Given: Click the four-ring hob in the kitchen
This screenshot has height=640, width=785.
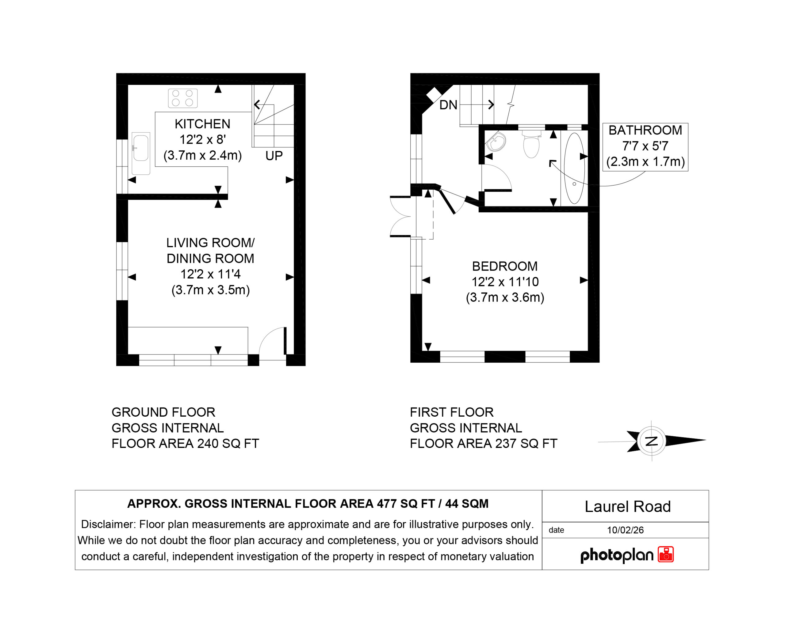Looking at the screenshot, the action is click(182, 98).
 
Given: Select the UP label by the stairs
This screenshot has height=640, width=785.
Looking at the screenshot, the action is click(274, 156).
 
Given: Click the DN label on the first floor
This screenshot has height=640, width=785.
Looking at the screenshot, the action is click(448, 105).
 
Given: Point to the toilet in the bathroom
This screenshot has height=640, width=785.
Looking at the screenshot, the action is click(531, 144).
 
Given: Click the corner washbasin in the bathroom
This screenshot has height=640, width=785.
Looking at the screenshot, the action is click(496, 142).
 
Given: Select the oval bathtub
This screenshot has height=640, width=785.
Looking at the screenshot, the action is click(574, 168).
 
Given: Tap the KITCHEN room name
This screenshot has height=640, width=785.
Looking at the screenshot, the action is click(202, 124).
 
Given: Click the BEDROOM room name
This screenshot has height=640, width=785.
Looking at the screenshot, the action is click(505, 266).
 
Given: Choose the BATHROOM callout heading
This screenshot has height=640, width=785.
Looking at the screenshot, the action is click(645, 130).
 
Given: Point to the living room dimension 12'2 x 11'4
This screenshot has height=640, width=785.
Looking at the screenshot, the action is click(210, 274).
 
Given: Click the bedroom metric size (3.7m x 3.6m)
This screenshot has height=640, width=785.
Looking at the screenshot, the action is click(505, 297).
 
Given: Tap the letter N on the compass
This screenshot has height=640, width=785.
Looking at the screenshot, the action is click(652, 441).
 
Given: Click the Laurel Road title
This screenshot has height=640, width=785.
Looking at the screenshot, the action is click(627, 506).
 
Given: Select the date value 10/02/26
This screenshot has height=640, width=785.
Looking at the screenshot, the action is click(625, 530).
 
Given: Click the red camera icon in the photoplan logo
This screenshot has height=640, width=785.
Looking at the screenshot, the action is click(666, 554).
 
